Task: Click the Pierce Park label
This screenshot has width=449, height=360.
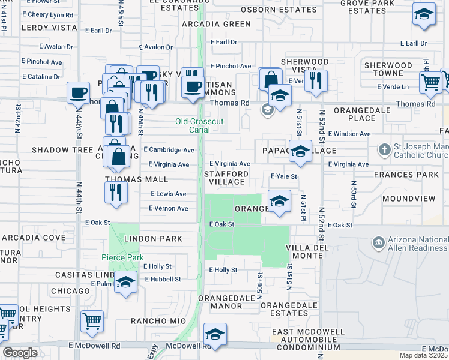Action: (122, 257)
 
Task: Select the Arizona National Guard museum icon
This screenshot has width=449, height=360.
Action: (378, 242)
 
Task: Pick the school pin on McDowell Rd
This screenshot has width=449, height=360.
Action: (215, 334)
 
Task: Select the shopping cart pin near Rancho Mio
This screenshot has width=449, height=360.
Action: (92, 322)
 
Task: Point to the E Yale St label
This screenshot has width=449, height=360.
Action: (284, 176)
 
